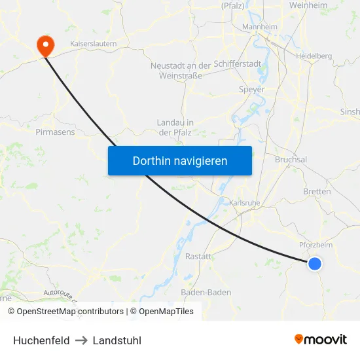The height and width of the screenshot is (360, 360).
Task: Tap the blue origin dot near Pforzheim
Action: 315,263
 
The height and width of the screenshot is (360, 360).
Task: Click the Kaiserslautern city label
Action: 93,43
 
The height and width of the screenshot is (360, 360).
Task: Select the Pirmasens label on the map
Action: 55,132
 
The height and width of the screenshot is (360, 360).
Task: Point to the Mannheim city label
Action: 260,27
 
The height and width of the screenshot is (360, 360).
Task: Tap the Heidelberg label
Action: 314,56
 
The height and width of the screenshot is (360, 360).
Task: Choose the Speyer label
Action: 252,90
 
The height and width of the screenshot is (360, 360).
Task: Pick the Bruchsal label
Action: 291,160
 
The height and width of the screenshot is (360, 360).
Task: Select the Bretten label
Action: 317,192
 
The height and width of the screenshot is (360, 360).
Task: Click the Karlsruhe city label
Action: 245,203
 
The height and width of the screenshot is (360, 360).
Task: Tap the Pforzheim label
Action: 315,245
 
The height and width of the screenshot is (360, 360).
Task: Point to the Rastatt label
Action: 198,257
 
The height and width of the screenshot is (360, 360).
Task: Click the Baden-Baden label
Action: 206,293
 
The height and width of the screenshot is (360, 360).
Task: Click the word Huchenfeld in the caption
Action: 41,340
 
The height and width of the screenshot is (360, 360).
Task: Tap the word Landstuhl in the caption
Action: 117,340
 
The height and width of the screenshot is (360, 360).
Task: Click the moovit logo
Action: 321,339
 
